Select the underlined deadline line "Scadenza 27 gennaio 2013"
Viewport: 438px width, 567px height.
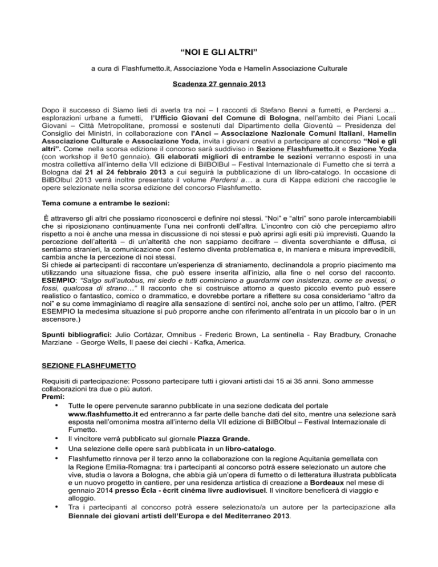[x=218, y=91]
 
